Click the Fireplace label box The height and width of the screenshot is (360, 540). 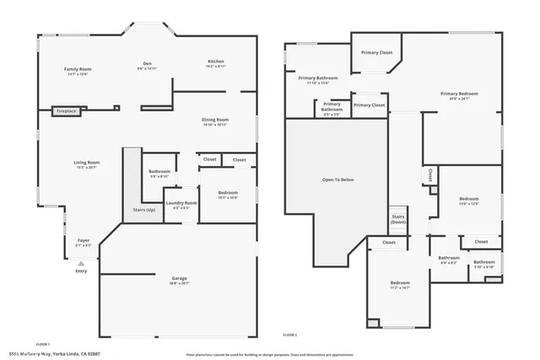pos(66,110)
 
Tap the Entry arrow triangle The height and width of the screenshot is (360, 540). pos(81,262)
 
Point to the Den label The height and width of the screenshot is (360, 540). pos(146,65)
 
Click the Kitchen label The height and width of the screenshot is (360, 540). pos(215,62)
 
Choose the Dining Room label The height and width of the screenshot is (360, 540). pos(215,121)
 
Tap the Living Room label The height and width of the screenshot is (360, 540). pos(86,164)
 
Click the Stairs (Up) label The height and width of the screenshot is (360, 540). pos(144,209)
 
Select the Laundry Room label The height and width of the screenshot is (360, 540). pos(181,203)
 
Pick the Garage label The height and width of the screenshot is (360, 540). pos(178,278)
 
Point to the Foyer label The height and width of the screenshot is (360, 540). pos(84,241)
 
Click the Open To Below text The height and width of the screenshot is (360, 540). pos(337,180)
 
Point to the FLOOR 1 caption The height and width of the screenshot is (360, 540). pos(43,344)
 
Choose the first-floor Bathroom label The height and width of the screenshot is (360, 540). pos(159,173)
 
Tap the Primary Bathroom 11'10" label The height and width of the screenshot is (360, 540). pos(312,79)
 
